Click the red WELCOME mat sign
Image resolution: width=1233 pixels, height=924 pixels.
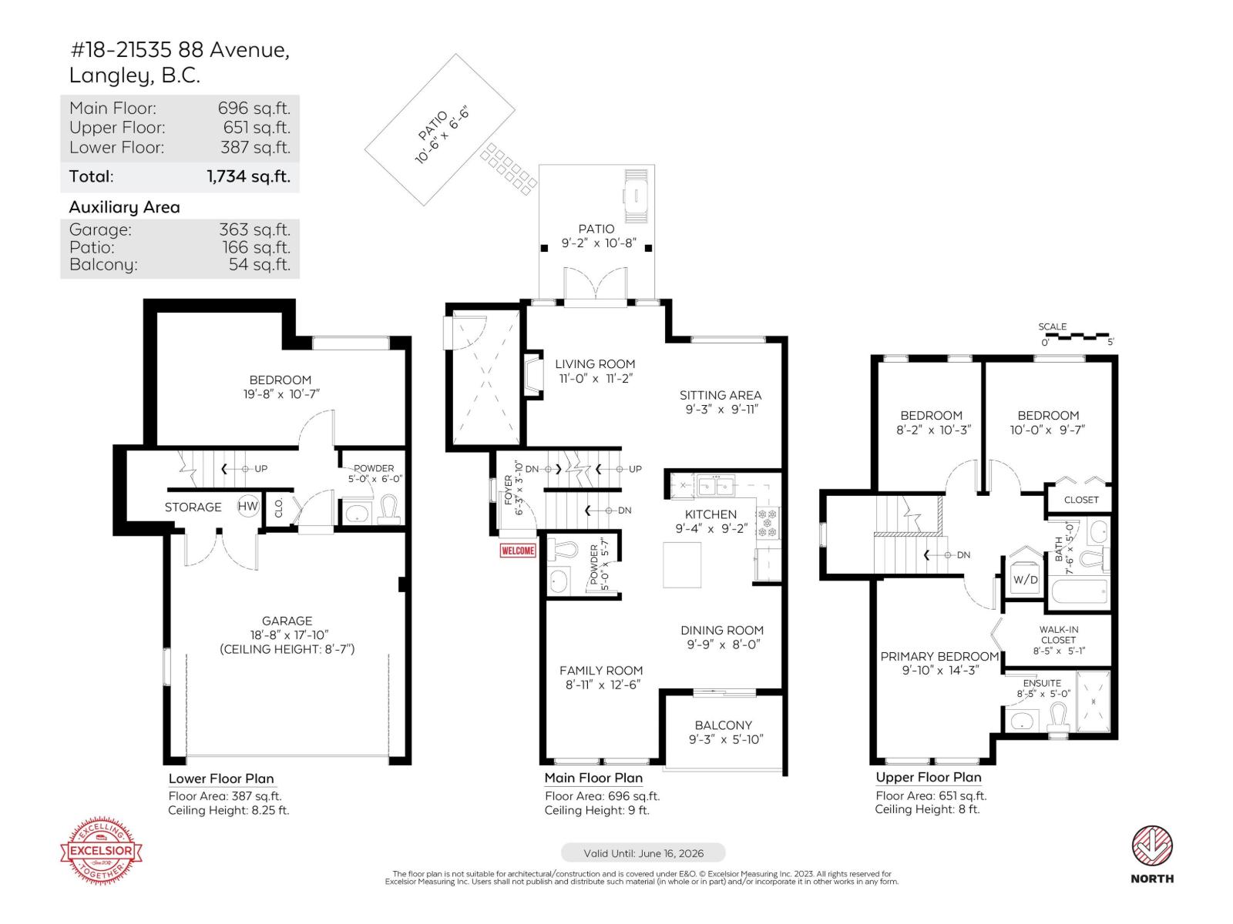518,551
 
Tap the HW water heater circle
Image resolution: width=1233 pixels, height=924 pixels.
247,506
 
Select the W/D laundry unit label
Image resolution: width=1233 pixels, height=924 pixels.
1025,580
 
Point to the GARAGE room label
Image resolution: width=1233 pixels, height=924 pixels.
287,621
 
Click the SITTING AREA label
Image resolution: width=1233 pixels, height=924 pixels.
721,395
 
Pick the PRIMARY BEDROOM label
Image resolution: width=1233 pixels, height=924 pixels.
939,656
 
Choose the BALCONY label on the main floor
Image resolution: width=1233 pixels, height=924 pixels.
723,725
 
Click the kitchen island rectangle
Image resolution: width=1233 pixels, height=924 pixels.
682,565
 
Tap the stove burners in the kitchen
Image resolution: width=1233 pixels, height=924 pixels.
768,522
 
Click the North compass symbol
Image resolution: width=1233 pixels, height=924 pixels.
1152,846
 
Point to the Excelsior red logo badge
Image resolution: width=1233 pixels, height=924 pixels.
102,852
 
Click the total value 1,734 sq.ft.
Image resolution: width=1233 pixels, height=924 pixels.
248,176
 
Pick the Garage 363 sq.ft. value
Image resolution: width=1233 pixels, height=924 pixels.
254,229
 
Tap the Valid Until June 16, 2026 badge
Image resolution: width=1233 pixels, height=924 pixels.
643,853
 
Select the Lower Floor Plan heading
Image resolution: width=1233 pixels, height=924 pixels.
221,778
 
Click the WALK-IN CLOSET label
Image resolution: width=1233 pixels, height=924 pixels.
1058,634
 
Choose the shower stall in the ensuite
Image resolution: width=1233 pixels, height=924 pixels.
1093,701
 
